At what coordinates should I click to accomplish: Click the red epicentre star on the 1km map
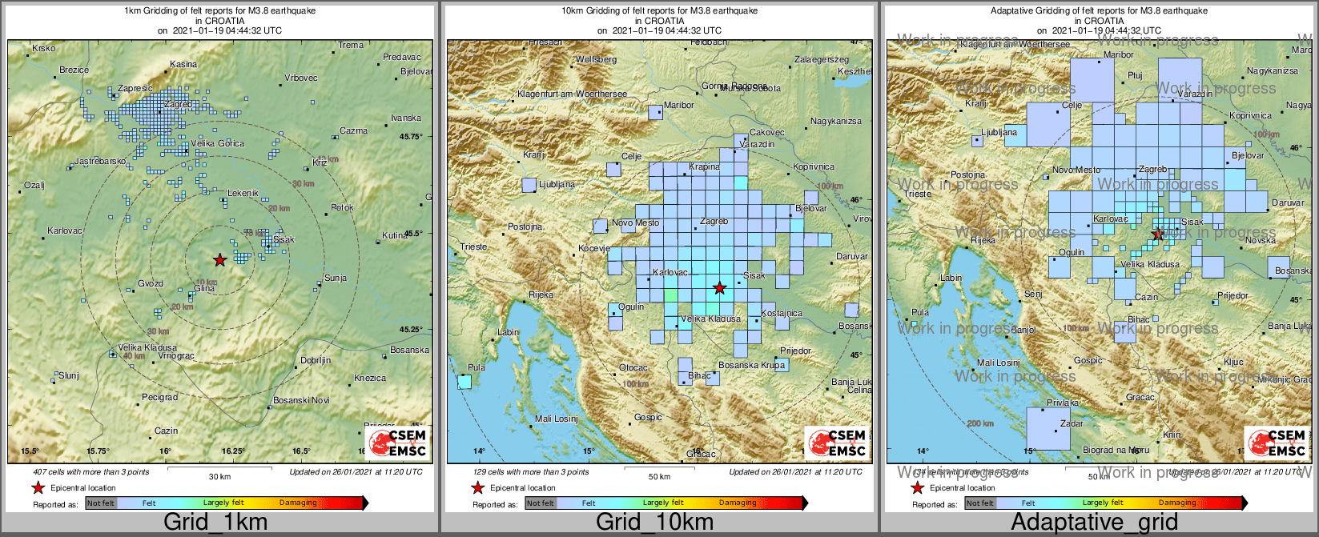click(220, 260)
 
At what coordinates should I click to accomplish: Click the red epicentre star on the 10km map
click(720, 287)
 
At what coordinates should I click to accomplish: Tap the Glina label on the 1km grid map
click(204, 289)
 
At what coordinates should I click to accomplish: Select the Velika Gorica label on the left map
click(217, 143)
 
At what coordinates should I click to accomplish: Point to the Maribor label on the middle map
click(679, 105)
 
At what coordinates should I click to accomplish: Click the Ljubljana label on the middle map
click(557, 184)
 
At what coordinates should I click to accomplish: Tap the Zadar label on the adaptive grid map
click(1072, 423)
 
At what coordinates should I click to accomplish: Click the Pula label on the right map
click(920, 313)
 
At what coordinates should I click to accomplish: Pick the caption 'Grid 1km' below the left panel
click(215, 523)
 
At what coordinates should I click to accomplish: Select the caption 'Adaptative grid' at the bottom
click(1094, 523)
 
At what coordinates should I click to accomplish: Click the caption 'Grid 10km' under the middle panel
click(654, 523)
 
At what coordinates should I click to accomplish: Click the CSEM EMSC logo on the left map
click(398, 443)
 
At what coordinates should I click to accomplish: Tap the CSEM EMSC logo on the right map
click(1277, 443)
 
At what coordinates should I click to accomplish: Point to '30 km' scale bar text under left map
click(219, 477)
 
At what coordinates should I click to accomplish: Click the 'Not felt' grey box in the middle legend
click(541, 503)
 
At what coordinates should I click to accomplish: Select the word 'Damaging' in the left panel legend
click(298, 503)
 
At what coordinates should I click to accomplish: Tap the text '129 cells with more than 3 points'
click(531, 472)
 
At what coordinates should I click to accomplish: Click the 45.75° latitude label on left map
click(412, 137)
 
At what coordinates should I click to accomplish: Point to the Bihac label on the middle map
click(699, 375)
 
